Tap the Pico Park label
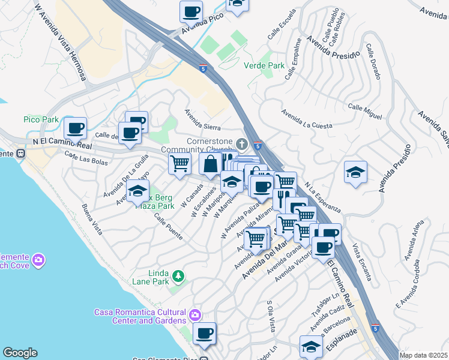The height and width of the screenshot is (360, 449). click(41, 119)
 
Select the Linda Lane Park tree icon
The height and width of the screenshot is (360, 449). click(178, 276)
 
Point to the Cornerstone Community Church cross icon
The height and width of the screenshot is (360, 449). click(242, 144)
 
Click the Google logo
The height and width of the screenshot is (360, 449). click(20, 353)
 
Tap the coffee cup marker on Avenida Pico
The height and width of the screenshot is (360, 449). click(191, 11)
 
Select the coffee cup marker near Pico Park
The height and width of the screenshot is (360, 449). click(76, 127)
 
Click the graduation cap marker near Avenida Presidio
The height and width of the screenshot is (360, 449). click(355, 172)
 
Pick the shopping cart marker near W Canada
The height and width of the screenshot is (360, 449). click(179, 163)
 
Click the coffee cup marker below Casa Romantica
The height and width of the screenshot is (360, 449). click(205, 333)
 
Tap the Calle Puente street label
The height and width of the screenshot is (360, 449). click(168, 227)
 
